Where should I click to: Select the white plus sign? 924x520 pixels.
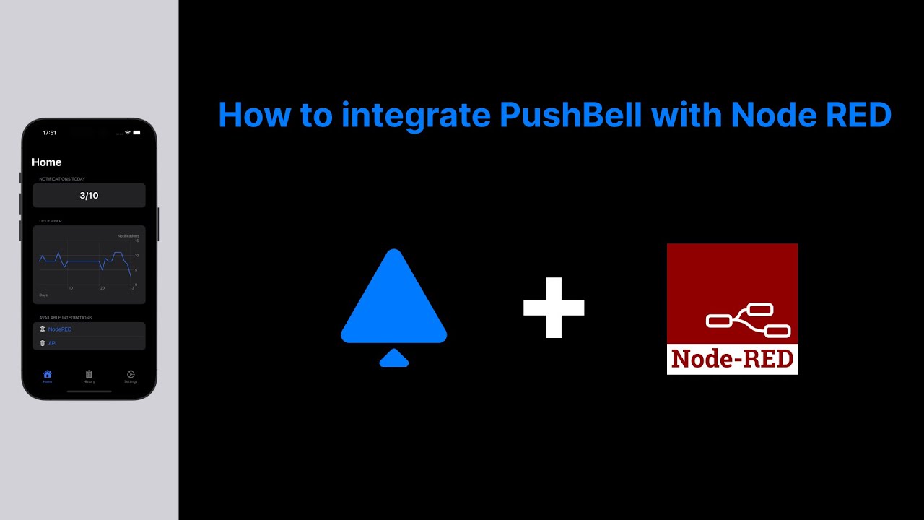pyautogui.click(x=554, y=308)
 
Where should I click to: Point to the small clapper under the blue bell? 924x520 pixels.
pyautogui.click(x=394, y=358)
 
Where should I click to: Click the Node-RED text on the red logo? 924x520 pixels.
pyautogui.click(x=732, y=359)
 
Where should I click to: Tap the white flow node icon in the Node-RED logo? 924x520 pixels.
pyautogui.click(x=748, y=320)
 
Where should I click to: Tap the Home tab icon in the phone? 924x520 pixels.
pyautogui.click(x=48, y=375)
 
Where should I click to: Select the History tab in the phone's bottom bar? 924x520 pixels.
pyautogui.click(x=89, y=376)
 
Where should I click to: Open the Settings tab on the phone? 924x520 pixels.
pyautogui.click(x=131, y=376)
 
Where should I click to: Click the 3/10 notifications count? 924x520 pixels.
pyautogui.click(x=89, y=196)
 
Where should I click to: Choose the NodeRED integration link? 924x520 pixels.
pyautogui.click(x=60, y=329)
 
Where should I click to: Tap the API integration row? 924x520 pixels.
pyautogui.click(x=53, y=343)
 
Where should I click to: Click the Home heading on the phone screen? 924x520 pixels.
pyautogui.click(x=47, y=162)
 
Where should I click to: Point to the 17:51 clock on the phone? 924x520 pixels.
pyautogui.click(x=49, y=133)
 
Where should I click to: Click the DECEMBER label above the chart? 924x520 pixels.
pyautogui.click(x=51, y=221)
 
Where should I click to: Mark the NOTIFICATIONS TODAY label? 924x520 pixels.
pyautogui.click(x=62, y=179)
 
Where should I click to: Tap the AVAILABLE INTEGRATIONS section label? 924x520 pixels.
pyautogui.click(x=66, y=318)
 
